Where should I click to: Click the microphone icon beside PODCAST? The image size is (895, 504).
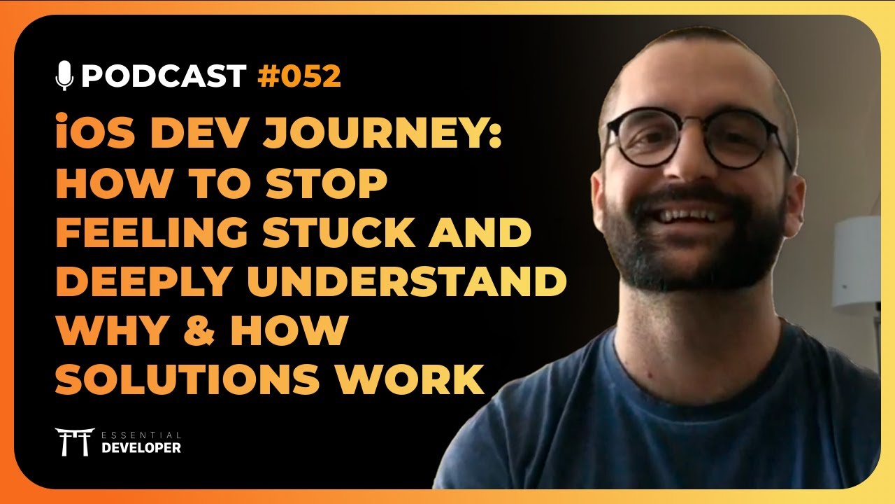click(64, 76)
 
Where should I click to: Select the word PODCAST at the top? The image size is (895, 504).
click(164, 76)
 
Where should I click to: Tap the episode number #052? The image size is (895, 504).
click(299, 76)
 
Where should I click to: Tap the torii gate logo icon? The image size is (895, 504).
click(74, 442)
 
